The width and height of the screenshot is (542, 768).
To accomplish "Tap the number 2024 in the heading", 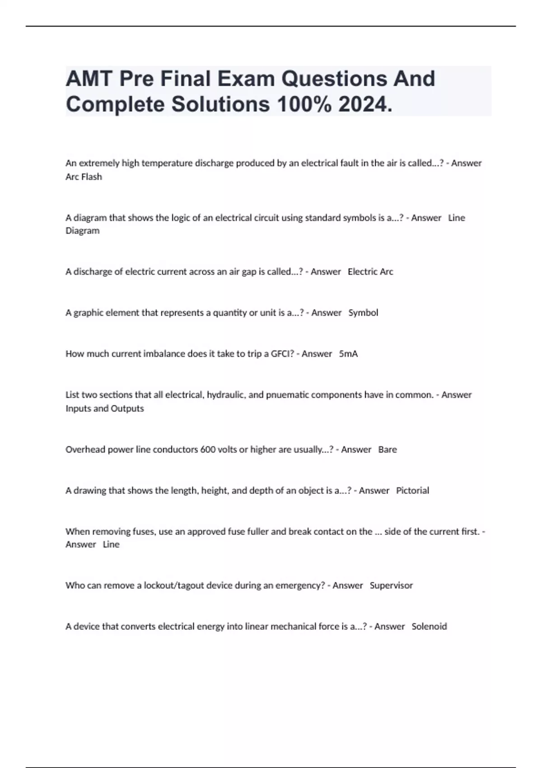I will (x=365, y=105).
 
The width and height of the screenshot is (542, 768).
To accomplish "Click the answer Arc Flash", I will (x=84, y=177).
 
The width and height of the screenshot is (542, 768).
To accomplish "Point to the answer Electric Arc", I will (x=370, y=272).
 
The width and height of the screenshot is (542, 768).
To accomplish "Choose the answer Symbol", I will (x=363, y=313).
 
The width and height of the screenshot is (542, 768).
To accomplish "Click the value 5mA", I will (x=348, y=354).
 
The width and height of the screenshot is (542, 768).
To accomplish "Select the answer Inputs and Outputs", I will (x=105, y=408).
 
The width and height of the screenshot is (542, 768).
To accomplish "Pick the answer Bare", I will (x=388, y=450).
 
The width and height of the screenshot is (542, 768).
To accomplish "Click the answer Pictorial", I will (x=412, y=491).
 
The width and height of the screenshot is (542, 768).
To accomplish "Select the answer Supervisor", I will (x=391, y=585).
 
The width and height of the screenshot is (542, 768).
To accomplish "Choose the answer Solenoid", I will (x=429, y=627).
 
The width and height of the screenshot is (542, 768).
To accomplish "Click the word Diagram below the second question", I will (x=82, y=231).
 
